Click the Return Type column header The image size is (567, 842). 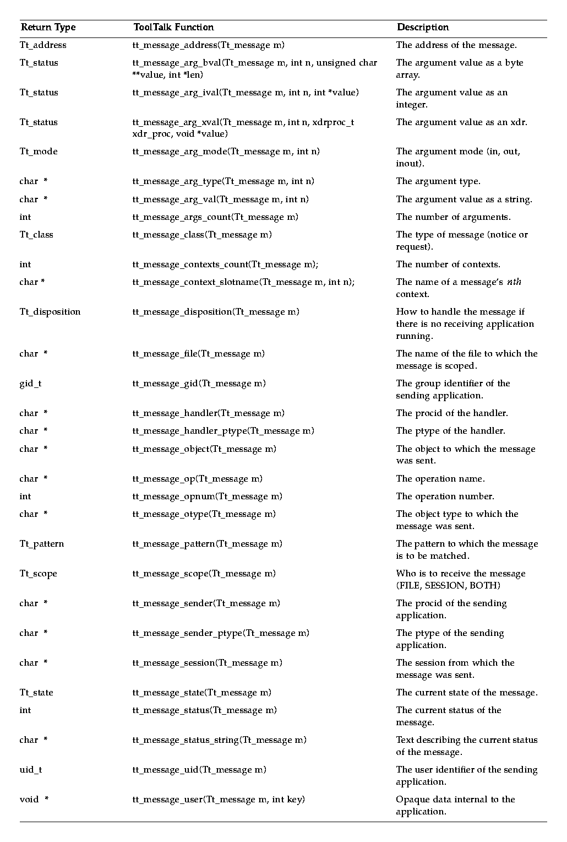(x=48, y=28)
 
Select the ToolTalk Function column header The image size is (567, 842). (x=173, y=28)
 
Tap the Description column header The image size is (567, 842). (x=423, y=28)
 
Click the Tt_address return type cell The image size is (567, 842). (x=43, y=45)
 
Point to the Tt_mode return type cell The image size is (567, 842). (x=39, y=152)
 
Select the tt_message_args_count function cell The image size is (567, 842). (x=215, y=217)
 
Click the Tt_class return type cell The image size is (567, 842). (x=36, y=235)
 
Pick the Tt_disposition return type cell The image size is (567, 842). (x=50, y=312)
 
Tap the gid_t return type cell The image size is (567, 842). (x=30, y=384)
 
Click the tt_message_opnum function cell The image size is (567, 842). (x=208, y=496)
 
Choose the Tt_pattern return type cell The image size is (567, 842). (x=42, y=544)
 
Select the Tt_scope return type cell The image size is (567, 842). (x=39, y=574)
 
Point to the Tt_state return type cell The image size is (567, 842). (x=36, y=693)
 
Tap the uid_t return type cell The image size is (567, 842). (x=30, y=770)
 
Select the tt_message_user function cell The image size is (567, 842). (x=219, y=800)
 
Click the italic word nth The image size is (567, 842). (x=514, y=282)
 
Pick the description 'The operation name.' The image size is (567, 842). (x=440, y=479)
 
